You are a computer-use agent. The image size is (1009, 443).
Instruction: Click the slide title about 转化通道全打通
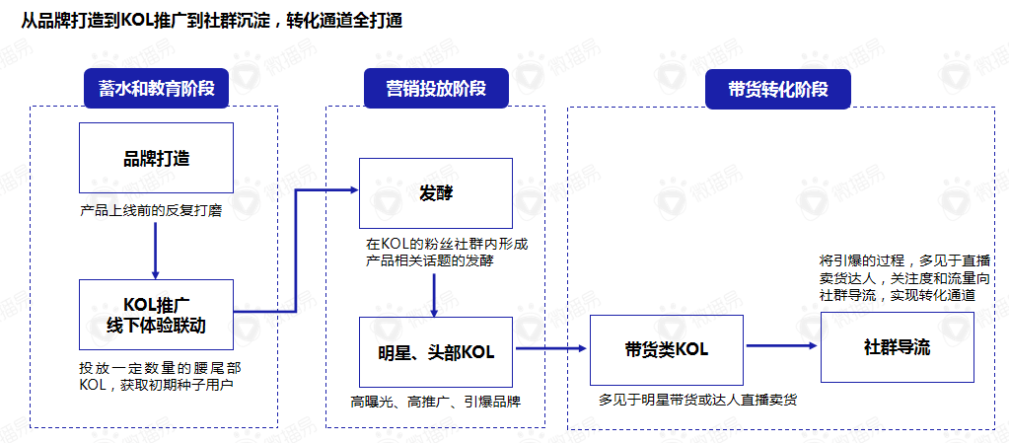click(211, 21)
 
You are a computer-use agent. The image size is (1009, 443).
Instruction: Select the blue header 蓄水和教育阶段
click(157, 89)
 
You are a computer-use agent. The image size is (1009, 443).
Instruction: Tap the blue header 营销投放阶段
click(436, 89)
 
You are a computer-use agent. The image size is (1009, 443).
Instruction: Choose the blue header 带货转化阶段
click(778, 89)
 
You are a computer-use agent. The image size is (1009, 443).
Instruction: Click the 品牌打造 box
click(156, 158)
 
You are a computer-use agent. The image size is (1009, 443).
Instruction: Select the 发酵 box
click(435, 192)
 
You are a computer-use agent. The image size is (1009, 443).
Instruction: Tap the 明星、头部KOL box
click(435, 351)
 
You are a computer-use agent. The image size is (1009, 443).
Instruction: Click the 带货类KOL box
click(666, 349)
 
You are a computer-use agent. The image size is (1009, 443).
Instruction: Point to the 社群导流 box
click(897, 347)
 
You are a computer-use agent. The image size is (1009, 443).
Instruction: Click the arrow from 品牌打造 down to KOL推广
click(156, 251)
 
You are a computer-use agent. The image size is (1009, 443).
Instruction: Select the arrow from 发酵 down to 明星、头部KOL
click(435, 293)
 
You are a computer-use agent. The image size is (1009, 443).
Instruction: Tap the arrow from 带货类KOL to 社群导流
click(781, 345)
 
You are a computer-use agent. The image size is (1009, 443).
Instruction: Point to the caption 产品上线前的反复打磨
click(148, 210)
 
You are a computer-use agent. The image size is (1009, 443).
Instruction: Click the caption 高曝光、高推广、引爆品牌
click(435, 402)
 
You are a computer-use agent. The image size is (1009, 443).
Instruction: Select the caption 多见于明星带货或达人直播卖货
click(697, 400)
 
